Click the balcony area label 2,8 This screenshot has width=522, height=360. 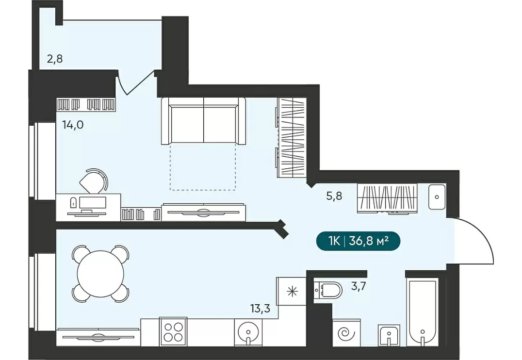click(x=55, y=59)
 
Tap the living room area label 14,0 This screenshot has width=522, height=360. click(x=73, y=125)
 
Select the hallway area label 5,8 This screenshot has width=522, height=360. click(x=334, y=196)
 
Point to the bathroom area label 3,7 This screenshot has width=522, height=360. click(x=358, y=286)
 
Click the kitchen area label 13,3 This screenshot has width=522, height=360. click(x=261, y=309)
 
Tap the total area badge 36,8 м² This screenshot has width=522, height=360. click(x=358, y=241)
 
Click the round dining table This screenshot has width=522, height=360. click(x=100, y=274)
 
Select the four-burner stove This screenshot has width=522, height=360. click(x=173, y=332)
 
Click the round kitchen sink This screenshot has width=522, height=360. click(x=248, y=332)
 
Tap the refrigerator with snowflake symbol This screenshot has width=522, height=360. click(x=291, y=292)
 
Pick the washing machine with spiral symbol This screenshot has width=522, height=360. click(x=346, y=333)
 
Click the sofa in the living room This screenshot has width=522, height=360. click(x=203, y=121)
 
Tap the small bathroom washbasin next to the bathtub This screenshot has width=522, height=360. click(x=389, y=335)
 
